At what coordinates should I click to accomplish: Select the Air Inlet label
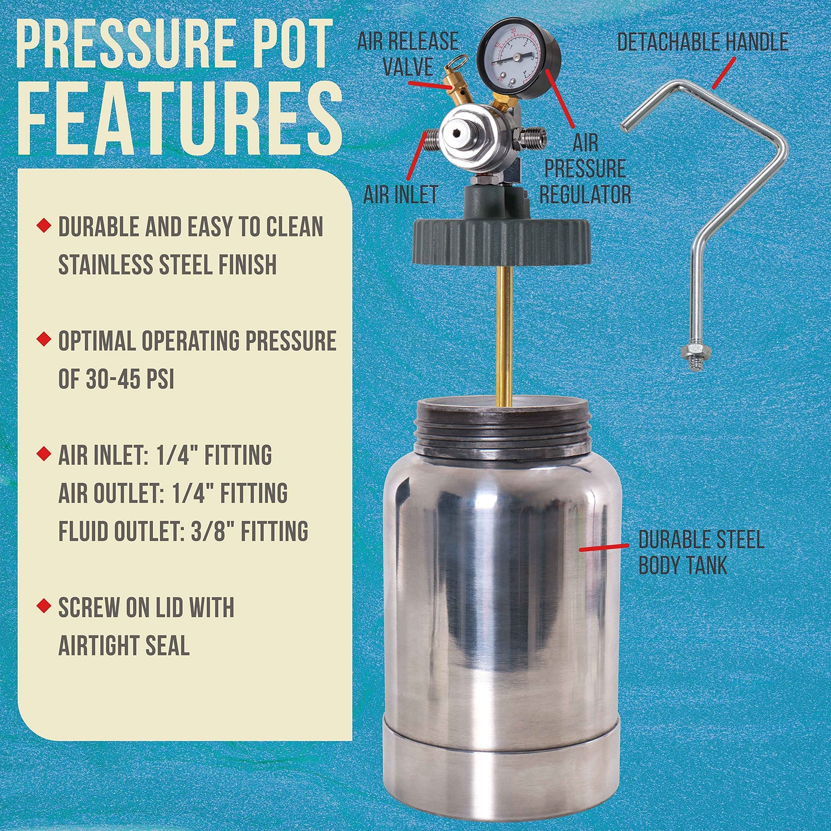click(401, 194)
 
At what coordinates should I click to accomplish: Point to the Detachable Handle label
click(702, 42)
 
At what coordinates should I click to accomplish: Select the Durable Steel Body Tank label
click(700, 552)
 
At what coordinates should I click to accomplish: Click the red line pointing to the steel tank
click(604, 547)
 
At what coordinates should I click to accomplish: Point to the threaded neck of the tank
click(503, 432)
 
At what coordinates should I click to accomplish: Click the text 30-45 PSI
click(130, 379)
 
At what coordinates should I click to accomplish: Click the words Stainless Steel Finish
click(167, 264)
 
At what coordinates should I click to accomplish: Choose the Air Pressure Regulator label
click(585, 169)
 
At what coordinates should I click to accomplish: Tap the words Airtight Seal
click(124, 645)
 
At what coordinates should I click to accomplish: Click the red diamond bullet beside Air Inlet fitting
click(43, 454)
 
